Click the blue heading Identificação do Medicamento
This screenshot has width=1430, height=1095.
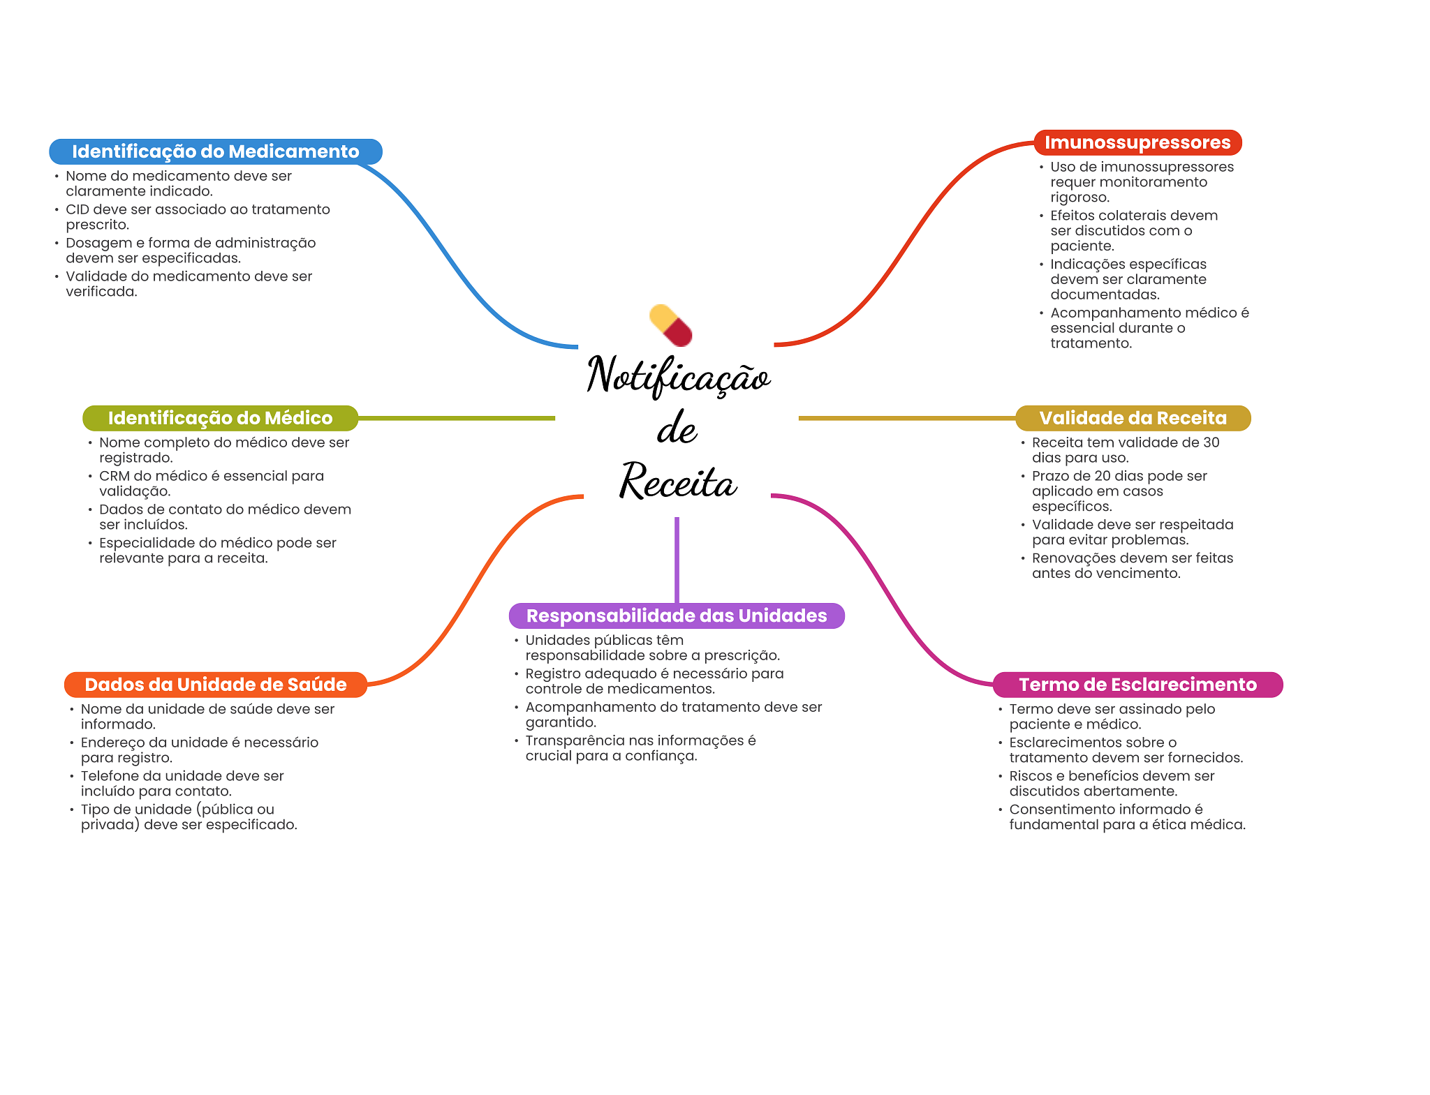[x=215, y=151]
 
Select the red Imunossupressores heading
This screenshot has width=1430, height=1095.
[x=1137, y=142]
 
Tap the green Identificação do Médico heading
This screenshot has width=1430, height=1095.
[x=220, y=418]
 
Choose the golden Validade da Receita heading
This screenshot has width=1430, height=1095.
[x=1133, y=418]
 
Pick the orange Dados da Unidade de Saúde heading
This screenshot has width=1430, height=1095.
[x=215, y=685]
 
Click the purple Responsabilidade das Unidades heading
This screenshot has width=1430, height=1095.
[x=676, y=616]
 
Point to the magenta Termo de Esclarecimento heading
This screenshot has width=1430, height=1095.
[x=1137, y=685]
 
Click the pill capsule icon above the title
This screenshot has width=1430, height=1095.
[x=670, y=325]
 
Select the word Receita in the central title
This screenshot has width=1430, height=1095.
[x=677, y=482]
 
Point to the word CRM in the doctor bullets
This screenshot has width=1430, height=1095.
[x=114, y=476]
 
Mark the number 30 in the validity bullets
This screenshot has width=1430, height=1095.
[x=1211, y=442]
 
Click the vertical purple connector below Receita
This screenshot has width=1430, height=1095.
[x=677, y=558]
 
